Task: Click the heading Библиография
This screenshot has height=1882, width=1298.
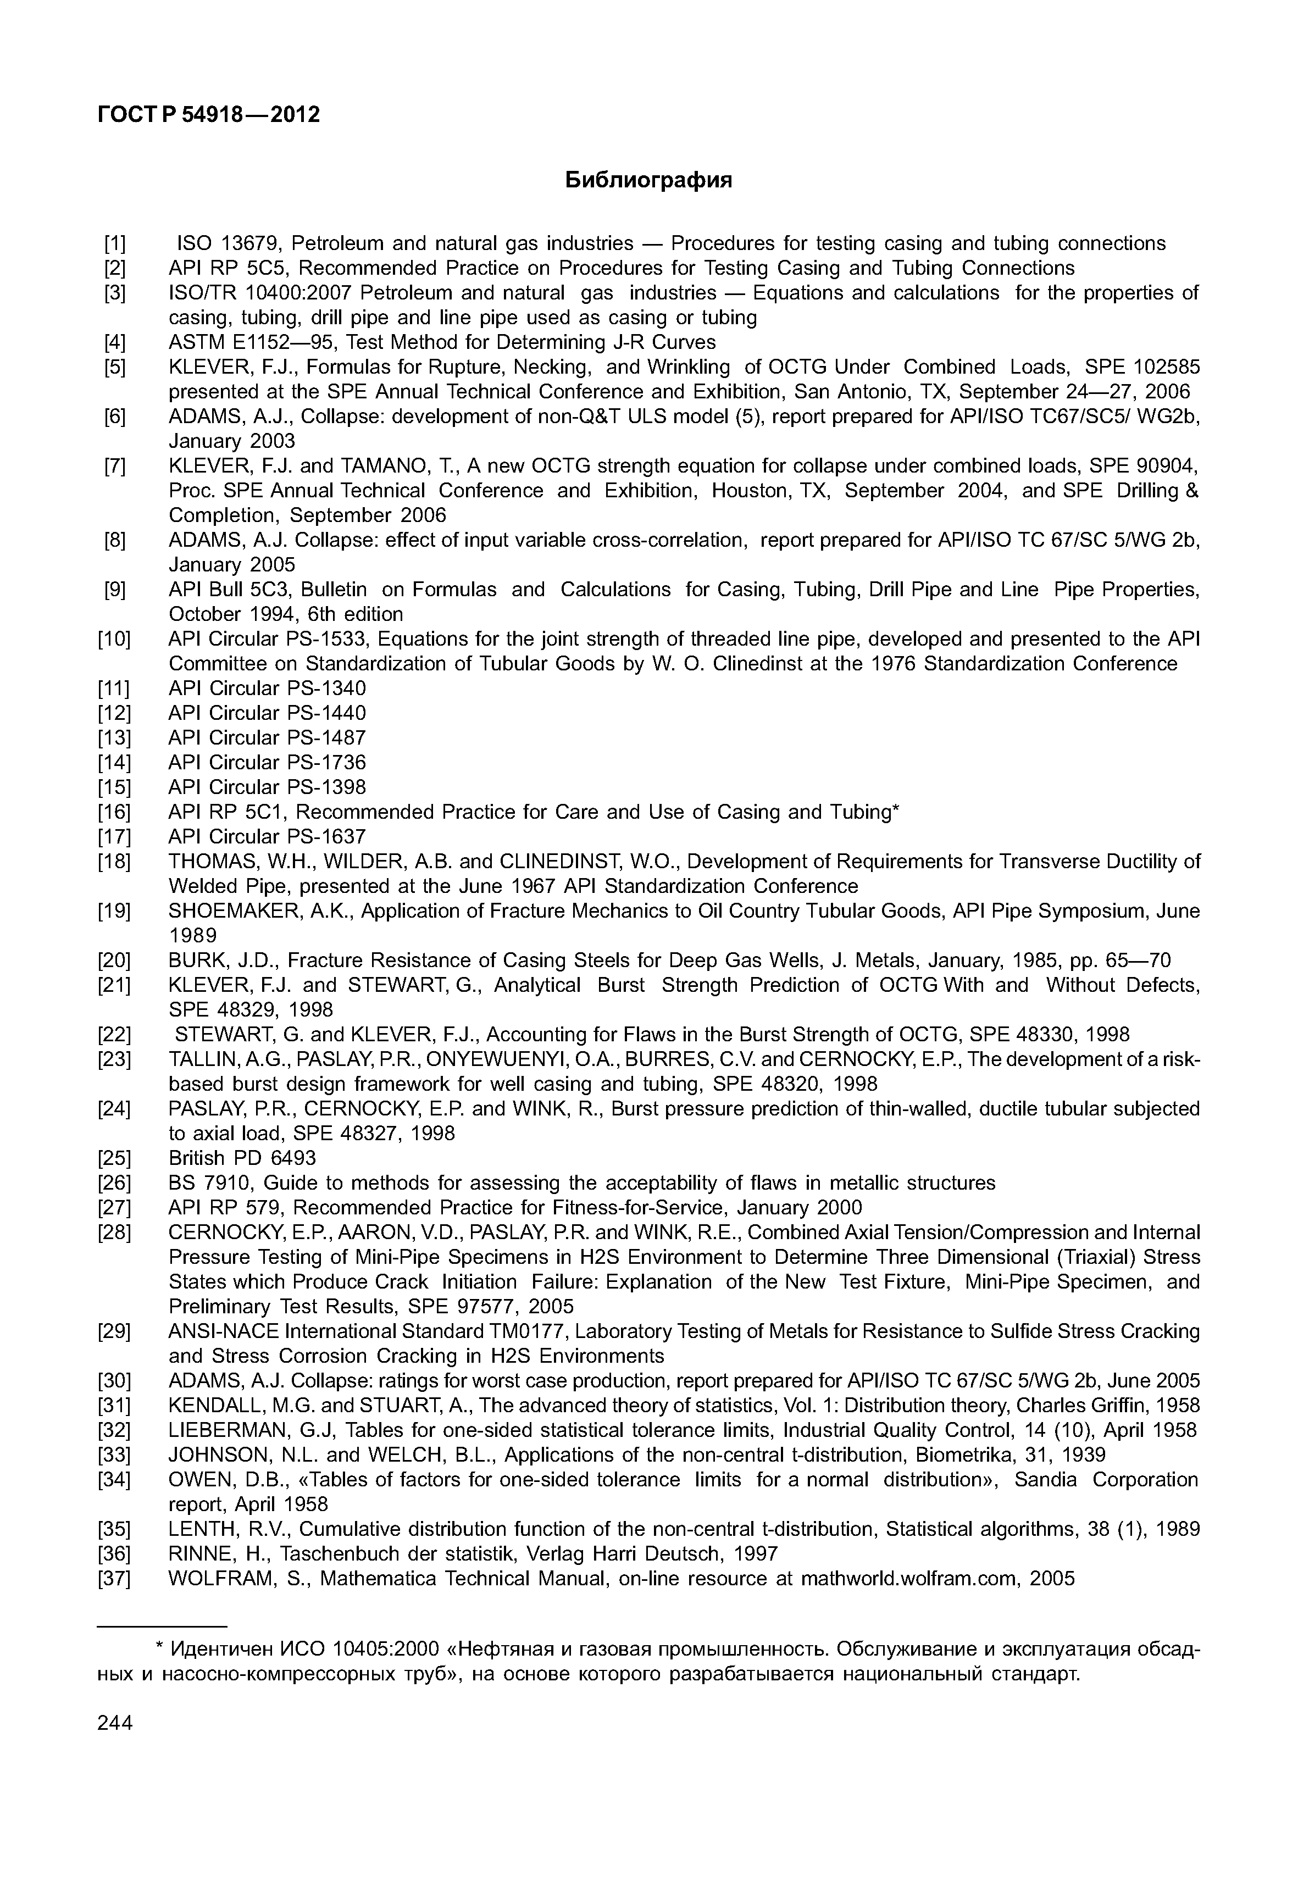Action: pyautogui.click(x=648, y=180)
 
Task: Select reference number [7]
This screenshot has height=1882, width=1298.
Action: pyautogui.click(x=115, y=467)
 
